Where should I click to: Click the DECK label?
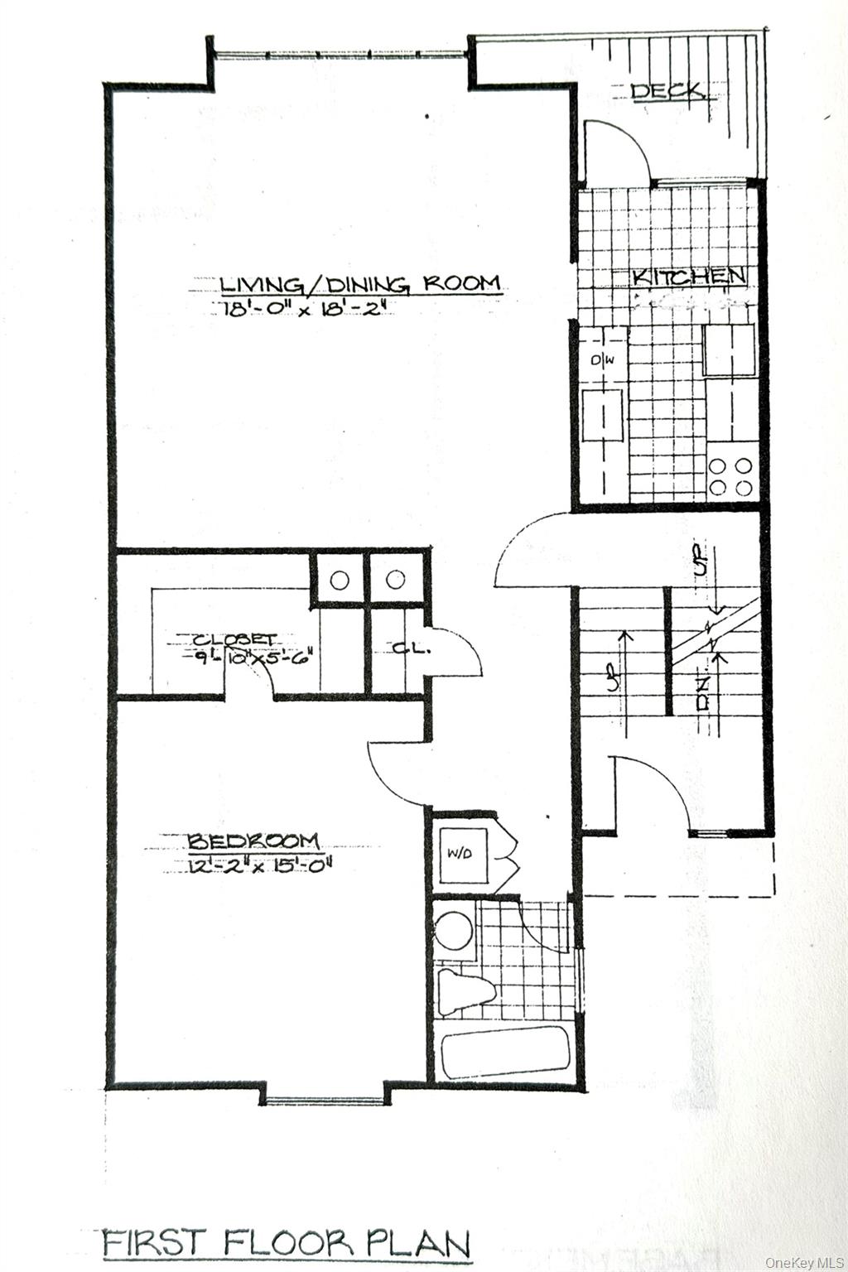(x=668, y=90)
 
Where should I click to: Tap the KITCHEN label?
(x=689, y=277)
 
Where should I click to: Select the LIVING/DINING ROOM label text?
(x=360, y=284)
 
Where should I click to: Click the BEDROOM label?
(x=253, y=841)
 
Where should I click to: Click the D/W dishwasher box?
(x=602, y=361)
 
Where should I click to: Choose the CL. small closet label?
(x=410, y=648)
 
